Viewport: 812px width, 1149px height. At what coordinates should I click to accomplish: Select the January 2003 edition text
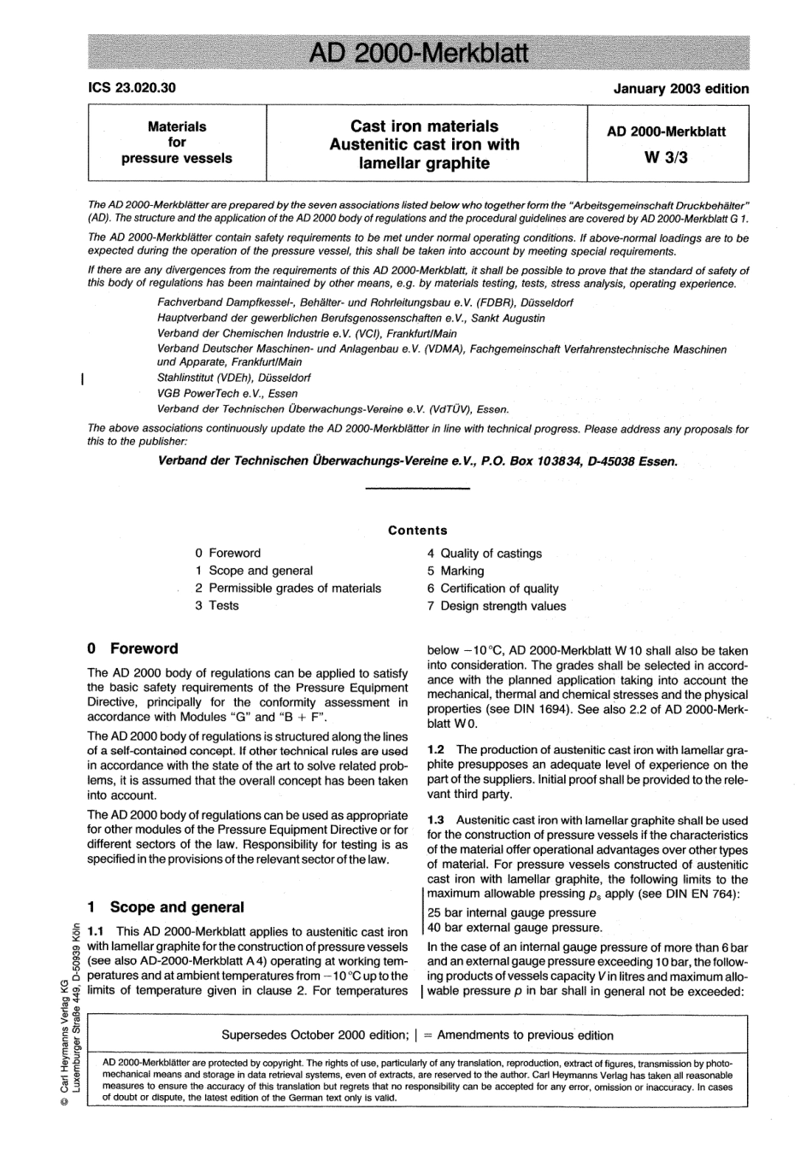(x=680, y=89)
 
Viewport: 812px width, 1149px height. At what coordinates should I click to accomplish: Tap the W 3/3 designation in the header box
(x=667, y=158)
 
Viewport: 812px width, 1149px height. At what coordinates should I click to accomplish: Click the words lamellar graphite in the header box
(x=425, y=163)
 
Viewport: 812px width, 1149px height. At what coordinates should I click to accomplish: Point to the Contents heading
(x=418, y=531)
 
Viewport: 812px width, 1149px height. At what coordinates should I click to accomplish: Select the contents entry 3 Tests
(x=217, y=605)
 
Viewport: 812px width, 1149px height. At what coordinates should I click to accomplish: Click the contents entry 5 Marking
(x=456, y=571)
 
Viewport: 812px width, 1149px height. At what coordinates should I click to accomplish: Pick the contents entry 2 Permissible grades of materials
(x=288, y=588)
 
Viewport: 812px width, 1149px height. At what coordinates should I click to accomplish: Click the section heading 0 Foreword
(x=133, y=648)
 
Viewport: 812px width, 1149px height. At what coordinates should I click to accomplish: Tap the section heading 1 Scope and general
(x=166, y=907)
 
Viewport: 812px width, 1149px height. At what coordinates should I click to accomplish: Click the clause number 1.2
(x=436, y=749)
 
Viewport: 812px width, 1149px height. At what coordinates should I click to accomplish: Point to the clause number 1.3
(x=436, y=820)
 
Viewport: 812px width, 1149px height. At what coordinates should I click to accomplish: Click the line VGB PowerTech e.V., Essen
(x=227, y=394)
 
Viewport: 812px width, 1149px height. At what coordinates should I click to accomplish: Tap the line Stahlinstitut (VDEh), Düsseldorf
(x=234, y=378)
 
